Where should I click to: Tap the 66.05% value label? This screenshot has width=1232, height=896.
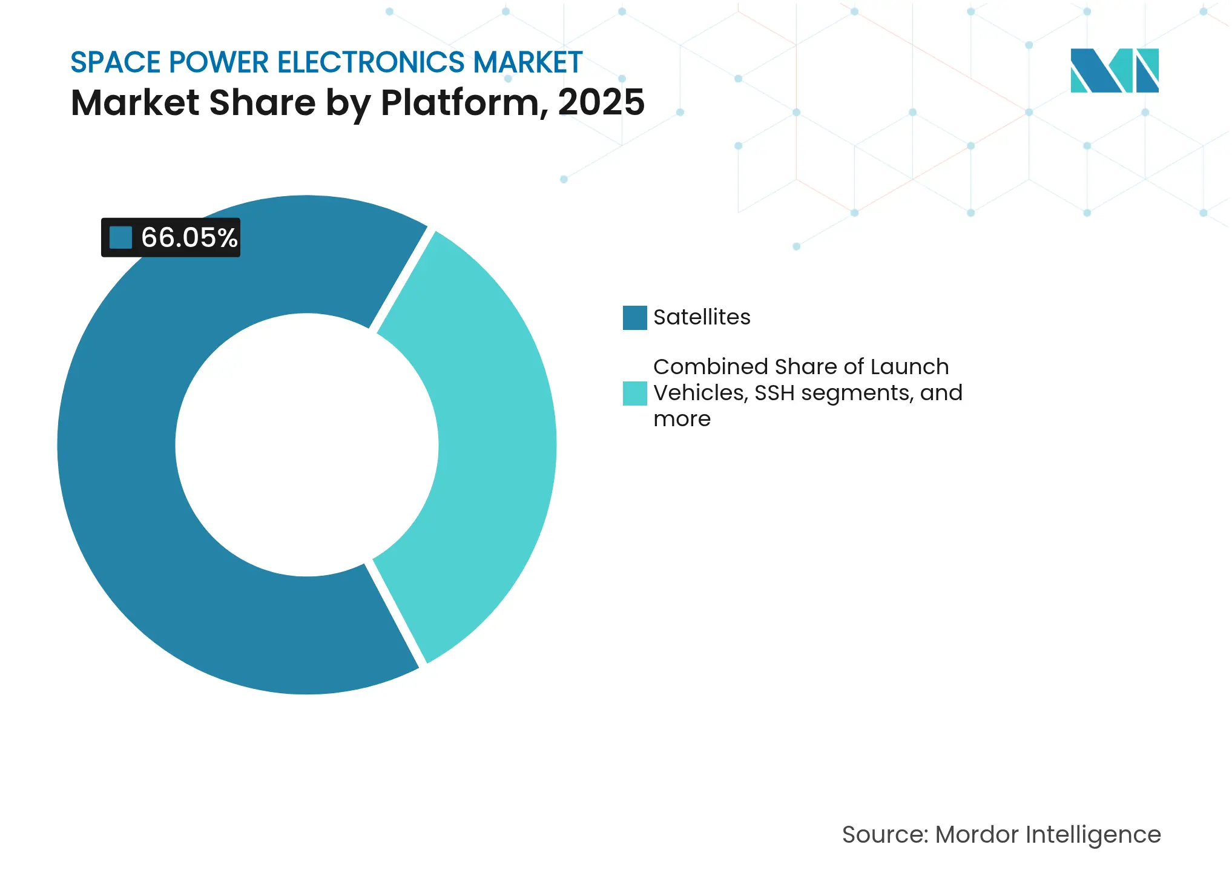click(189, 237)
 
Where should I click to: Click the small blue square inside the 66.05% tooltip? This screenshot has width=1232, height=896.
click(120, 237)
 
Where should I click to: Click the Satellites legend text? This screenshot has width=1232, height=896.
click(702, 317)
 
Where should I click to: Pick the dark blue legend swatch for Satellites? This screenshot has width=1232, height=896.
click(634, 318)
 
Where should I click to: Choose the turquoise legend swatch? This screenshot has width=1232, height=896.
click(634, 394)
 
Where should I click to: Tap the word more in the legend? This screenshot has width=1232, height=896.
click(682, 419)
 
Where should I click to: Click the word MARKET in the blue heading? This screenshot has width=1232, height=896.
click(527, 62)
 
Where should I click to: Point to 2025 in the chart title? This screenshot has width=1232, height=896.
click(601, 102)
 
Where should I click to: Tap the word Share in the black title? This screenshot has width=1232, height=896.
click(262, 102)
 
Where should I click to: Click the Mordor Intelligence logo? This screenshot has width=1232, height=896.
click(1114, 70)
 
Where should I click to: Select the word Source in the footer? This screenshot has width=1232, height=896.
click(884, 835)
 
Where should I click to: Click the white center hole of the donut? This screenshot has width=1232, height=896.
click(307, 445)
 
